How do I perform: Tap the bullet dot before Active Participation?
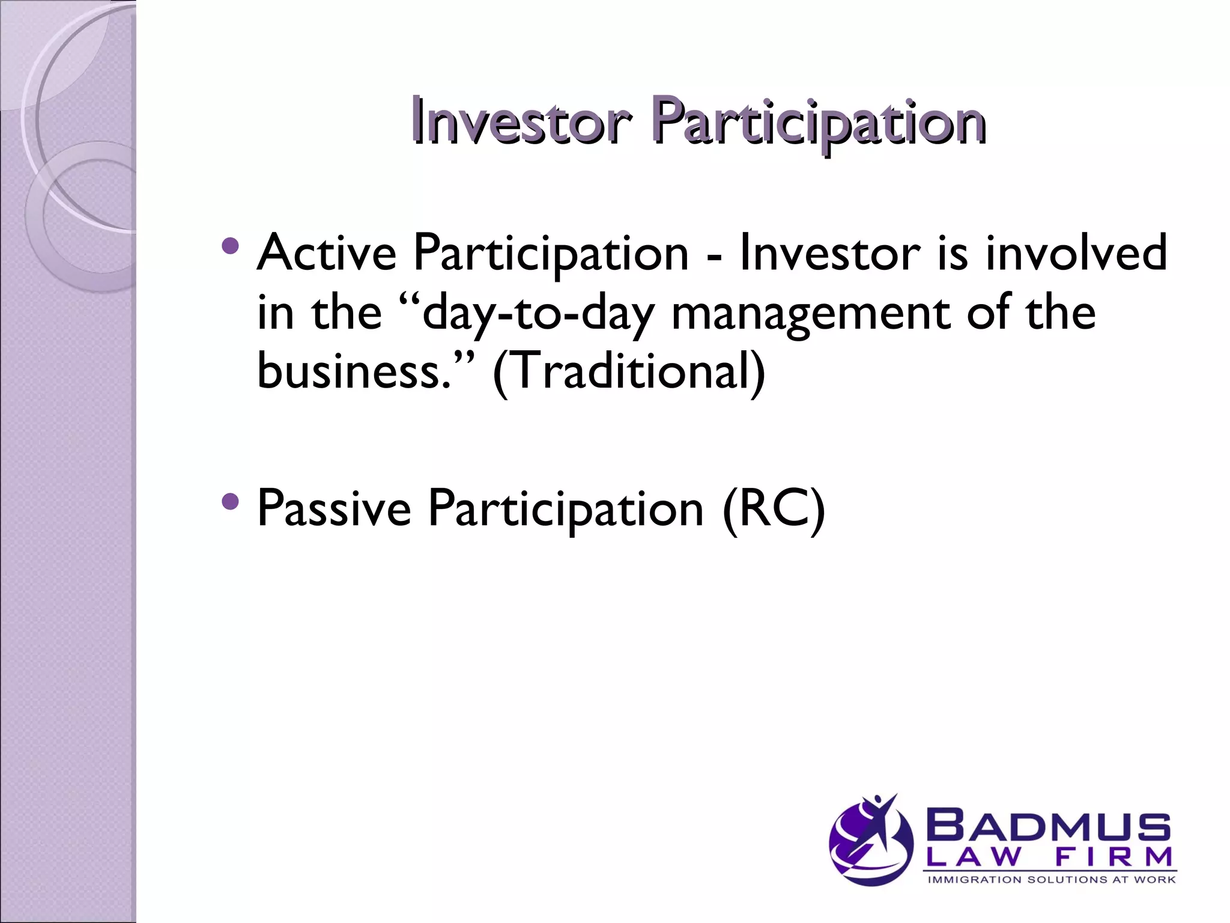[x=230, y=245]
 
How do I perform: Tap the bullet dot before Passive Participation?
[x=230, y=501]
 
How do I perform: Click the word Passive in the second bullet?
[x=333, y=508]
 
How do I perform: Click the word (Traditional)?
[x=629, y=371]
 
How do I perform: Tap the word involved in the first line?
[x=1076, y=252]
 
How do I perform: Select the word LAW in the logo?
[x=973, y=857]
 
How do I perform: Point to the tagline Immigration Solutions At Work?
[x=1051, y=880]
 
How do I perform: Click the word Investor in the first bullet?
[x=829, y=252]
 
